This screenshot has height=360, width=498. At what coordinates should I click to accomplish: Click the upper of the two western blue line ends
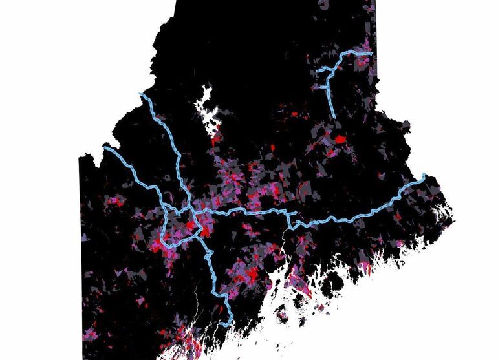click(142, 94)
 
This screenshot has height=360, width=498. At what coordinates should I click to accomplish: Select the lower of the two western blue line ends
click(105, 149)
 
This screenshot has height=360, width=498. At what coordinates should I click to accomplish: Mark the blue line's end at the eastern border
click(424, 175)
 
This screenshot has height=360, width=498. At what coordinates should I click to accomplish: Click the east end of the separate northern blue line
click(371, 53)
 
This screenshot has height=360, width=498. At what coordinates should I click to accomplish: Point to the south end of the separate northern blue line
click(334, 116)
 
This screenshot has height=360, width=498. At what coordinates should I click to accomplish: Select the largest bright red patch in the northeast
click(340, 138)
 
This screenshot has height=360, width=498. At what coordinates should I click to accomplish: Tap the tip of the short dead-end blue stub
click(296, 212)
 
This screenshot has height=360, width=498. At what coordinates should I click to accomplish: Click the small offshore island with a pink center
click(282, 317)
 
